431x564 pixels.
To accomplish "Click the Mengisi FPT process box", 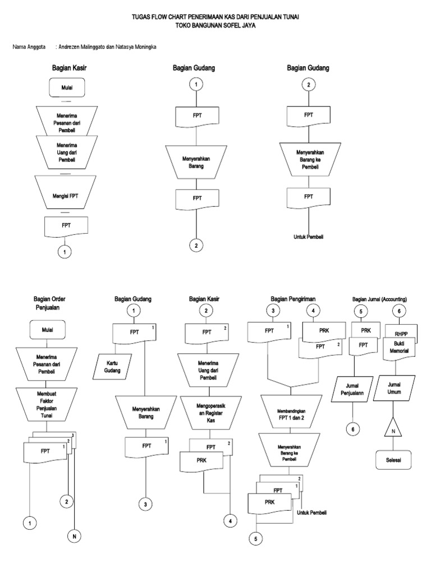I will pos(66,196).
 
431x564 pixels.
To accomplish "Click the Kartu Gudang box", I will pos(113,367).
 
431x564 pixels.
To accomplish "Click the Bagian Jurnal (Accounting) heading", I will pos(379,299).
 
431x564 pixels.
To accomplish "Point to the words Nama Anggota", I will pos(29,47).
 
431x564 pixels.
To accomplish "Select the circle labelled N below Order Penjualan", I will pos(74,537).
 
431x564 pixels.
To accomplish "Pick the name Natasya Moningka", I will pos(136,47).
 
